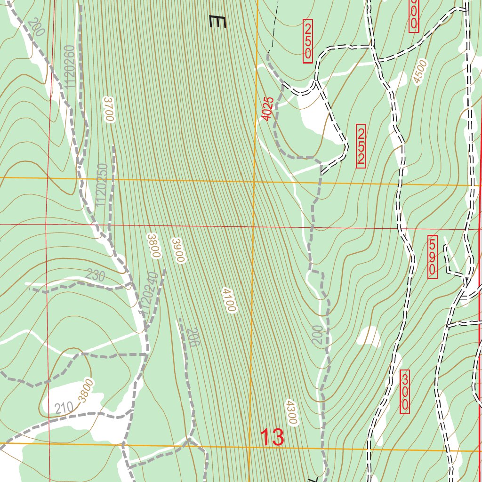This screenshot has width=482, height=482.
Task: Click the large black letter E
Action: pos(218,22)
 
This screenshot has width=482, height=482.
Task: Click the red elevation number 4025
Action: pos(267,109)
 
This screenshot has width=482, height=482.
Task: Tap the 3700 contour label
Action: pos(109,109)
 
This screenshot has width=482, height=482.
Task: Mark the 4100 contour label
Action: pos(229,300)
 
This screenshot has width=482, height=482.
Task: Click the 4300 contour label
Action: pos(291,413)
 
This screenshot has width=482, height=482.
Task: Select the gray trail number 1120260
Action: pos(70,67)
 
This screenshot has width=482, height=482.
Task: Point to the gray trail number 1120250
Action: pos(101,185)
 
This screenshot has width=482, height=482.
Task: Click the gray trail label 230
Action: pos(96,276)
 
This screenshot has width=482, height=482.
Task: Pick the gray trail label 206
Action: pos(192,337)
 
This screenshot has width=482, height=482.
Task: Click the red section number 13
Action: pos(272,437)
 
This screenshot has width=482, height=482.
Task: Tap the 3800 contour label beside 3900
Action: pos(154,245)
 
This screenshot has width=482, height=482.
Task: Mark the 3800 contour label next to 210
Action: pos(87,390)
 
